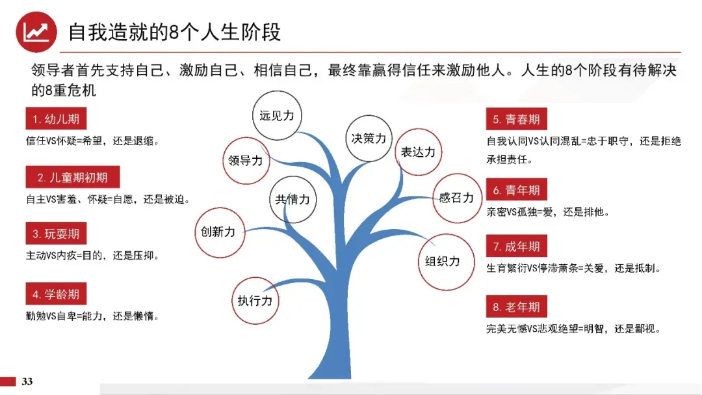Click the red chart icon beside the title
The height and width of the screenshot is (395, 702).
coord(36,32)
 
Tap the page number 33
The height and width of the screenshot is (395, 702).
coord(27,381)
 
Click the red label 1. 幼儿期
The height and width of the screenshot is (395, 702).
coord(56,118)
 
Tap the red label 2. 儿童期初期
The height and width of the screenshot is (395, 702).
coord(73,177)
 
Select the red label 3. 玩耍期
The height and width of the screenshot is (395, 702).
coord(56,234)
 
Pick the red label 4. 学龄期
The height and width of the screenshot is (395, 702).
coord(56,294)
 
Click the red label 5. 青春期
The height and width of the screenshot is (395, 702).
coord(517,119)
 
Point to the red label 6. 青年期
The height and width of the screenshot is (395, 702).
coord(517,189)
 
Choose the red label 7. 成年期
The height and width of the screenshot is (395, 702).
coord(517,246)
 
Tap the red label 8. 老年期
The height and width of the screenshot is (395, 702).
coord(517,306)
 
